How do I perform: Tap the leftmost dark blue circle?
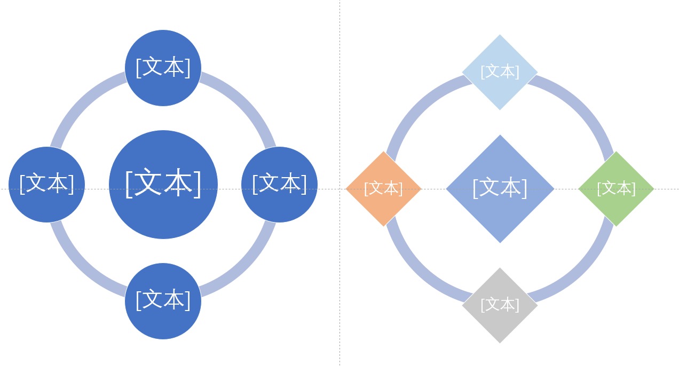46,203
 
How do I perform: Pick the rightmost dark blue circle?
279,203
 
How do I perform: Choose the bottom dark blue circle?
163,320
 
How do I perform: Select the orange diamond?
383,205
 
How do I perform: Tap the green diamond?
616,205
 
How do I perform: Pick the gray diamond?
500,323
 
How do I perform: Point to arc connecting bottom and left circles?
81,267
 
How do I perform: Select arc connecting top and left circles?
81,102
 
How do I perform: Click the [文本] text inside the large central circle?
163,184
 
